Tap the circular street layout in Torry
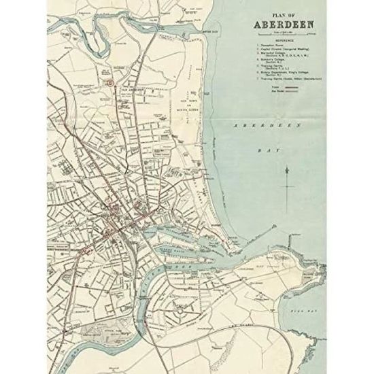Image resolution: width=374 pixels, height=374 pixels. [x=186, y=299]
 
